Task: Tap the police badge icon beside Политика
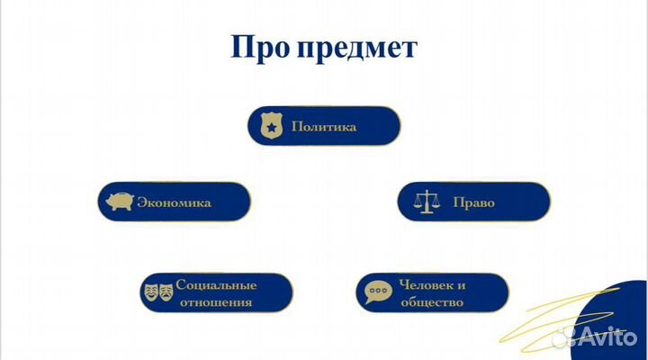tap(270, 126)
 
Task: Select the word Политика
tap(324, 127)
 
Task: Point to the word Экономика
tap(174, 202)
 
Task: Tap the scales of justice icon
tap(421, 202)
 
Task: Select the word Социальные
tap(215, 284)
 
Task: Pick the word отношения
tap(215, 302)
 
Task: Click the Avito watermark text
tap(611, 337)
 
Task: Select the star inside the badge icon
tap(270, 128)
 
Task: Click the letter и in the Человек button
tap(461, 284)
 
